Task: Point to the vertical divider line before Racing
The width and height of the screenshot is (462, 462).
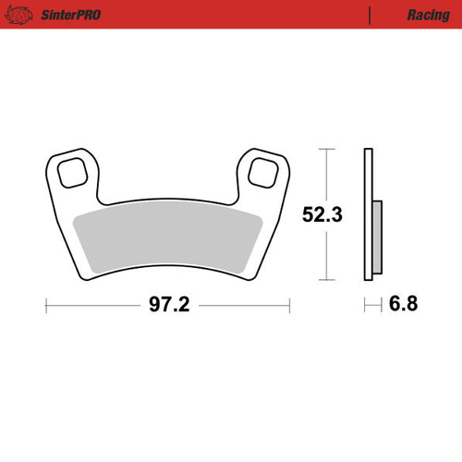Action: tap(370, 16)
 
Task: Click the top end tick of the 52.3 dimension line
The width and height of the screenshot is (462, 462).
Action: tap(324, 149)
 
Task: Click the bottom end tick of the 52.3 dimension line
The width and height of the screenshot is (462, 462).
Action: tap(324, 280)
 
